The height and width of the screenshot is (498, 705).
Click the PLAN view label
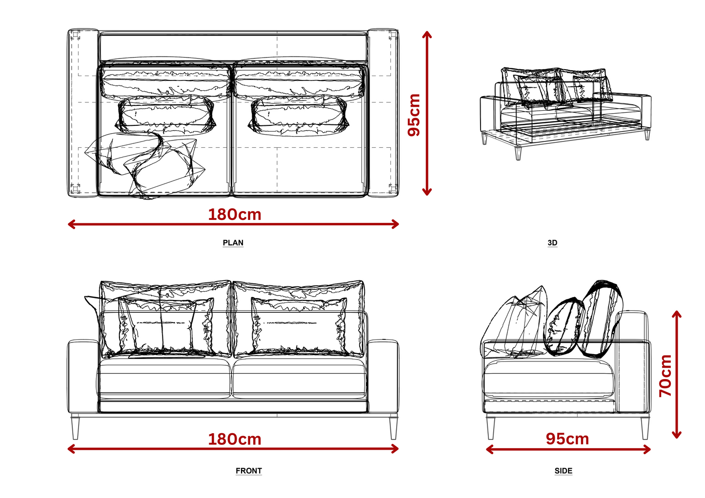[233, 243]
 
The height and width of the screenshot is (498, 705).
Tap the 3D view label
[552, 243]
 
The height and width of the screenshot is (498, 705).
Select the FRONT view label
[249, 471]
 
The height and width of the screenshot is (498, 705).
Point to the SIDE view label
[564, 471]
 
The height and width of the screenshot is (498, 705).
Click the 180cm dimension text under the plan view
[235, 215]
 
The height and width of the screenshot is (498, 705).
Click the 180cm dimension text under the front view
[235, 439]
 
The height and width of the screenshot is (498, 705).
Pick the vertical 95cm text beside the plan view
[414, 115]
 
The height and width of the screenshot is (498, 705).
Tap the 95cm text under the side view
[567, 439]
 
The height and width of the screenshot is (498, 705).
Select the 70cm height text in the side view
[665, 376]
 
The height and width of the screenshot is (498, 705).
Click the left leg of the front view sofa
[75, 427]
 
